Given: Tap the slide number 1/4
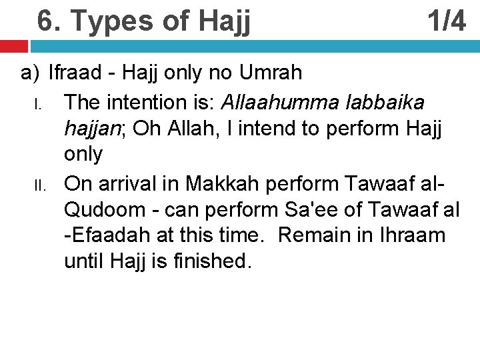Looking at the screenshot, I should coord(447,21).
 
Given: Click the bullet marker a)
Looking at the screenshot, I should coord(31,72).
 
